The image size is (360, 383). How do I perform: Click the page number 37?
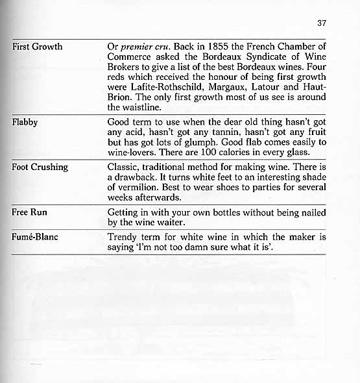(x=321, y=23)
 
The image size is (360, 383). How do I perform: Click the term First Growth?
(x=38, y=47)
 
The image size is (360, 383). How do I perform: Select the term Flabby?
(x=25, y=121)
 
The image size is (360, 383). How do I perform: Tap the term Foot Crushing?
(x=40, y=167)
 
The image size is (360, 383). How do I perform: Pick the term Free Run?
(x=30, y=212)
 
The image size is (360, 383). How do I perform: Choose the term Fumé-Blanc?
(x=35, y=237)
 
